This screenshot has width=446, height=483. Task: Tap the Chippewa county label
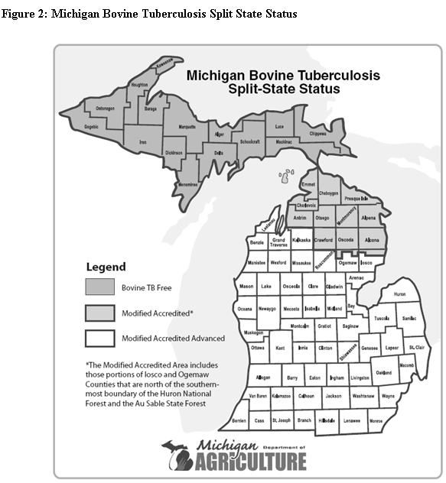[317, 134]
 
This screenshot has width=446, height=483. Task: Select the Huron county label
[399, 293]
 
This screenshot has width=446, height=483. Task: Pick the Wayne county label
[389, 396]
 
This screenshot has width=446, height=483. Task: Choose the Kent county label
[280, 348]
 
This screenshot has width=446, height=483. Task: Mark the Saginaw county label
[350, 326]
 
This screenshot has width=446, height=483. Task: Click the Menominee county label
[188, 184]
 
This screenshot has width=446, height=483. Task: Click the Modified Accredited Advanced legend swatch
[99, 337]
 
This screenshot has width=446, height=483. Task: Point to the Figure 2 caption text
[149, 15]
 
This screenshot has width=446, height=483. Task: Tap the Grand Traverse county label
[278, 243]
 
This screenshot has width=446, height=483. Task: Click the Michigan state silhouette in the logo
[179, 455]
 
